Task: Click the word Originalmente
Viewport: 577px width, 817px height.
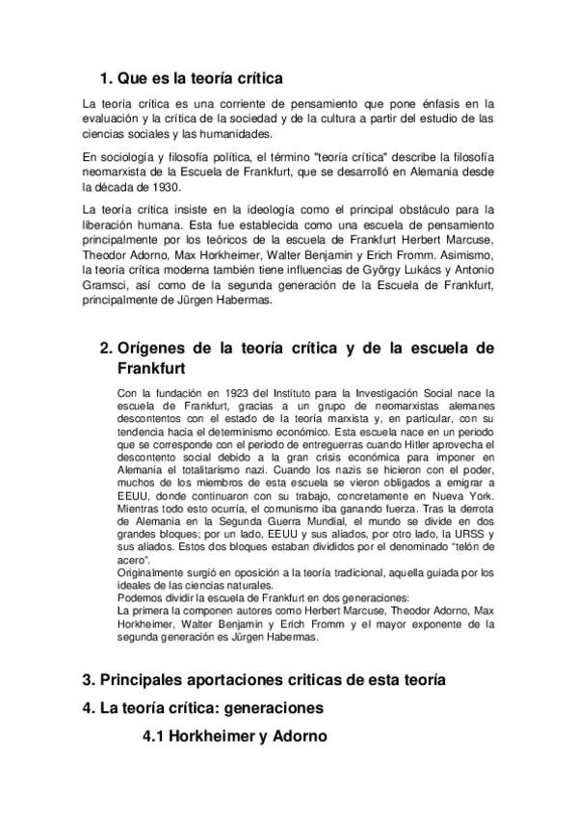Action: [x=150, y=573]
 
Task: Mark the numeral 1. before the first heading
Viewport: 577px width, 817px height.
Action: [x=107, y=78]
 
